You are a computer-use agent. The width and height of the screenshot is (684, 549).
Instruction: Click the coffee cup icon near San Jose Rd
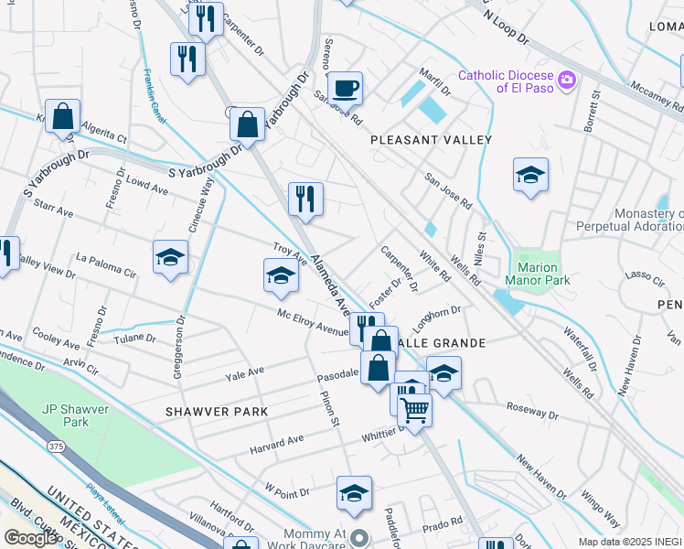tap(345, 89)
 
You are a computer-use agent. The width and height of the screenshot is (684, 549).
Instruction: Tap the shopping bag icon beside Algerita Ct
tap(62, 117)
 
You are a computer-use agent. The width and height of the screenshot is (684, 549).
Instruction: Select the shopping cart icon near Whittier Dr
tap(415, 411)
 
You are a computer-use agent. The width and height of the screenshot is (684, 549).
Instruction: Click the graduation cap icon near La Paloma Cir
tap(170, 259)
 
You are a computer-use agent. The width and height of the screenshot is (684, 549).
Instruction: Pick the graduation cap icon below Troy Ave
tap(281, 276)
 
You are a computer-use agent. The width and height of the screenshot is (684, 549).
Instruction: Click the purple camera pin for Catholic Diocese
tap(567, 81)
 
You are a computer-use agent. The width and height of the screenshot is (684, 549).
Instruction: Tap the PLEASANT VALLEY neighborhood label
tap(431, 140)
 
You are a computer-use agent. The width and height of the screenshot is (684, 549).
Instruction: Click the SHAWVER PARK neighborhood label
tap(217, 412)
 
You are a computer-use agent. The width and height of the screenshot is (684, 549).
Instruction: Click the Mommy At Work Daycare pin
tap(360, 538)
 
